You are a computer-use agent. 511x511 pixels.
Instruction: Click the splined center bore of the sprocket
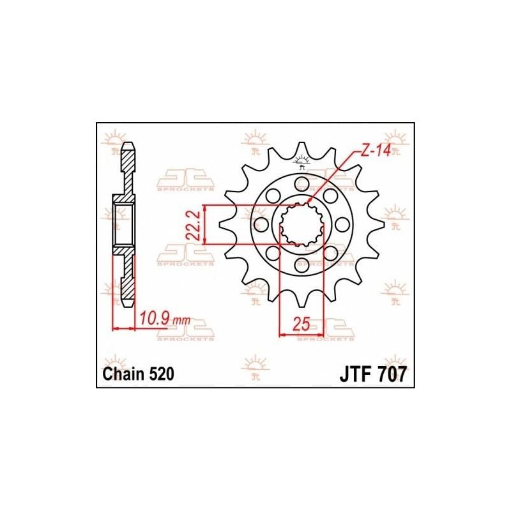point(301,224)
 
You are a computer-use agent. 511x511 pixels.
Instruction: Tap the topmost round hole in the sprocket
point(301,184)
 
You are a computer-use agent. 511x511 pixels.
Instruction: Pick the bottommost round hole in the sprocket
point(301,264)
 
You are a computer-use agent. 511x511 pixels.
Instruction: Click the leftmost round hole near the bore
point(261,224)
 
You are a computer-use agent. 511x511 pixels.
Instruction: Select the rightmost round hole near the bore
point(342,224)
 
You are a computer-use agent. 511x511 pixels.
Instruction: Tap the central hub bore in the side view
point(124,224)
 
